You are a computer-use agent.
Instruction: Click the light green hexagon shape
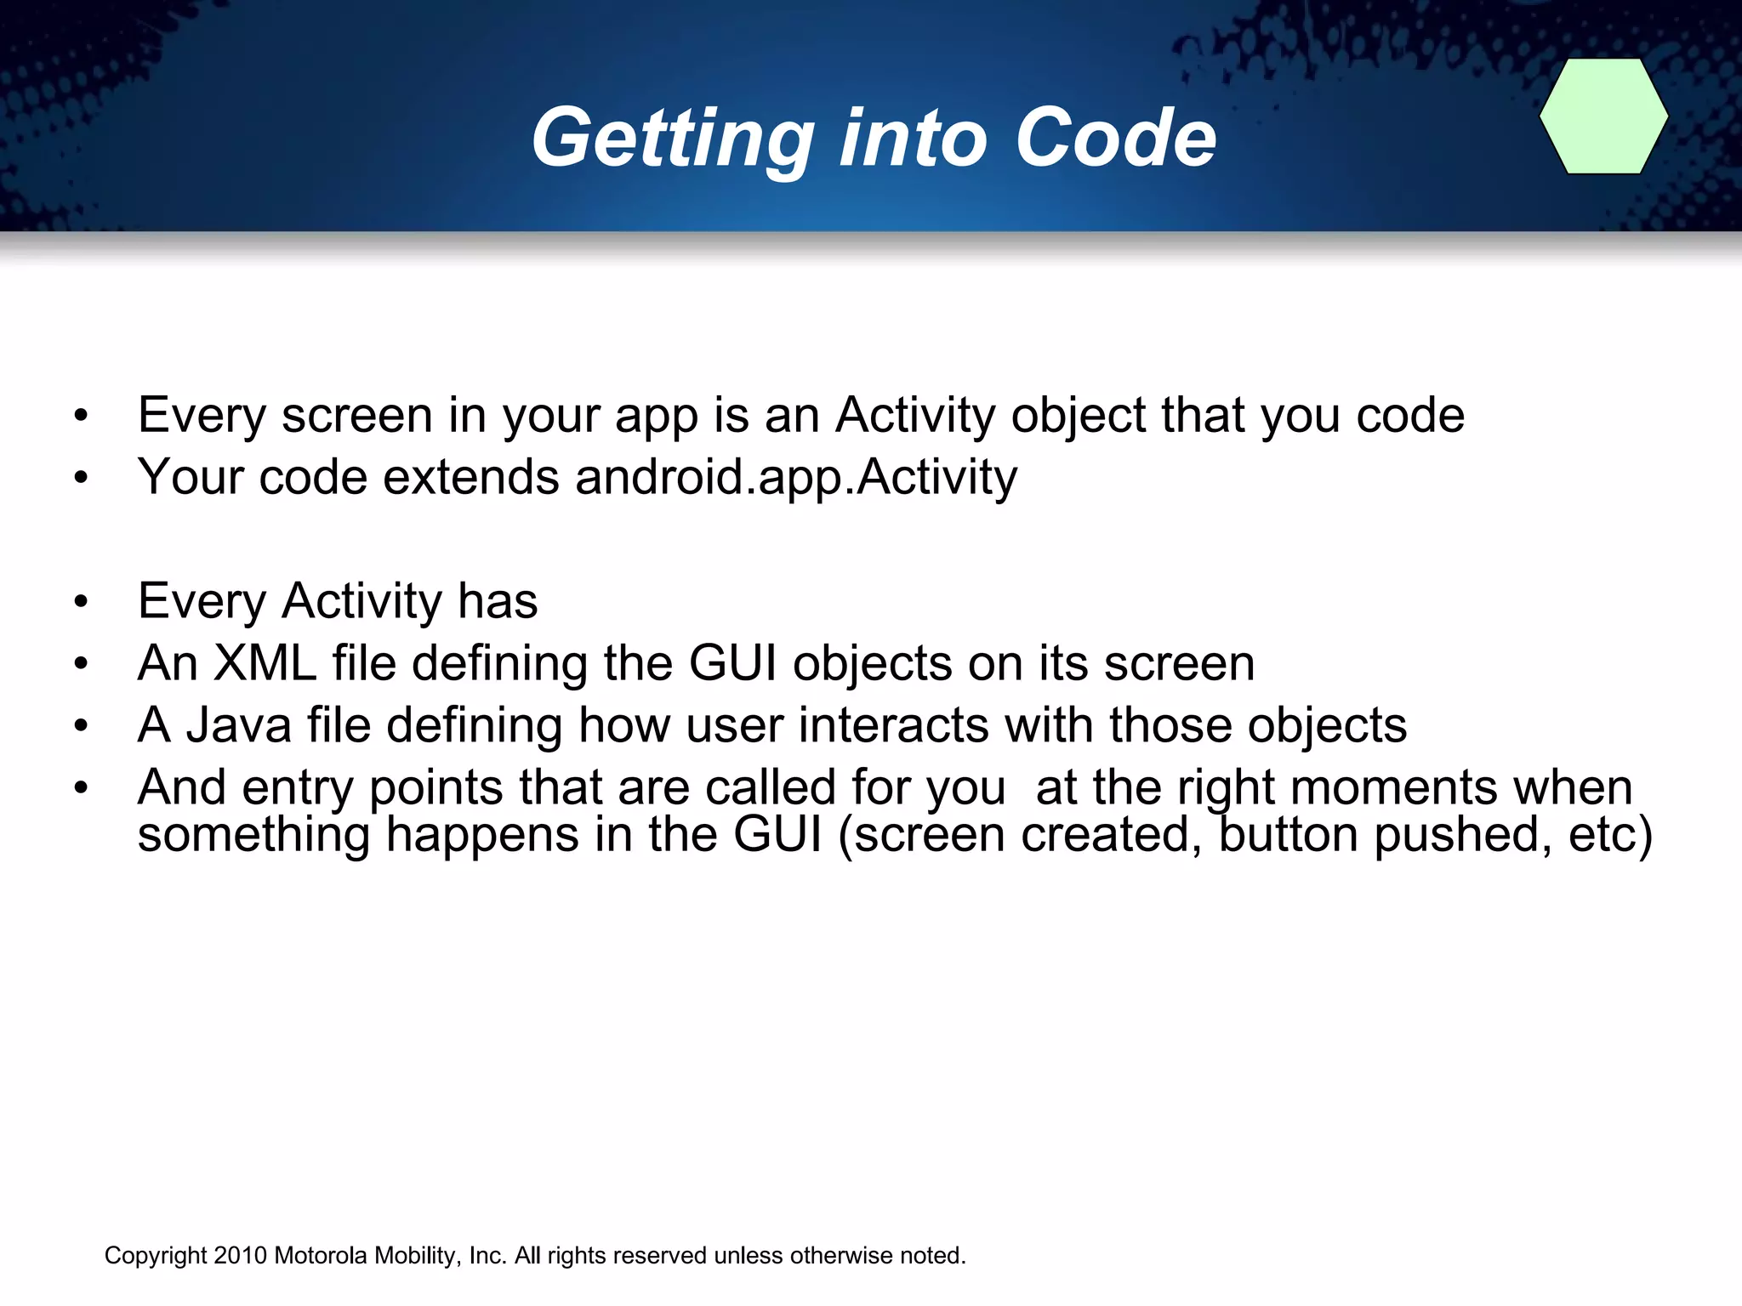click(1603, 116)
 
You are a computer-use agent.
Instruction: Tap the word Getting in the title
click(672, 139)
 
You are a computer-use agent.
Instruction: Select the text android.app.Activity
click(795, 478)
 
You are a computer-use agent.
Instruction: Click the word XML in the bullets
click(265, 663)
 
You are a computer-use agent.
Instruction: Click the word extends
click(470, 478)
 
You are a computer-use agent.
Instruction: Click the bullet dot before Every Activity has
click(81, 602)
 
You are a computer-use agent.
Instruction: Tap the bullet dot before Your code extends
click(81, 478)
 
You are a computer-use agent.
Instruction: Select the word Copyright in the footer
click(156, 1257)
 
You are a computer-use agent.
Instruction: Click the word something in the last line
click(253, 835)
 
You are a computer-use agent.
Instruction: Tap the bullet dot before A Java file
click(81, 726)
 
